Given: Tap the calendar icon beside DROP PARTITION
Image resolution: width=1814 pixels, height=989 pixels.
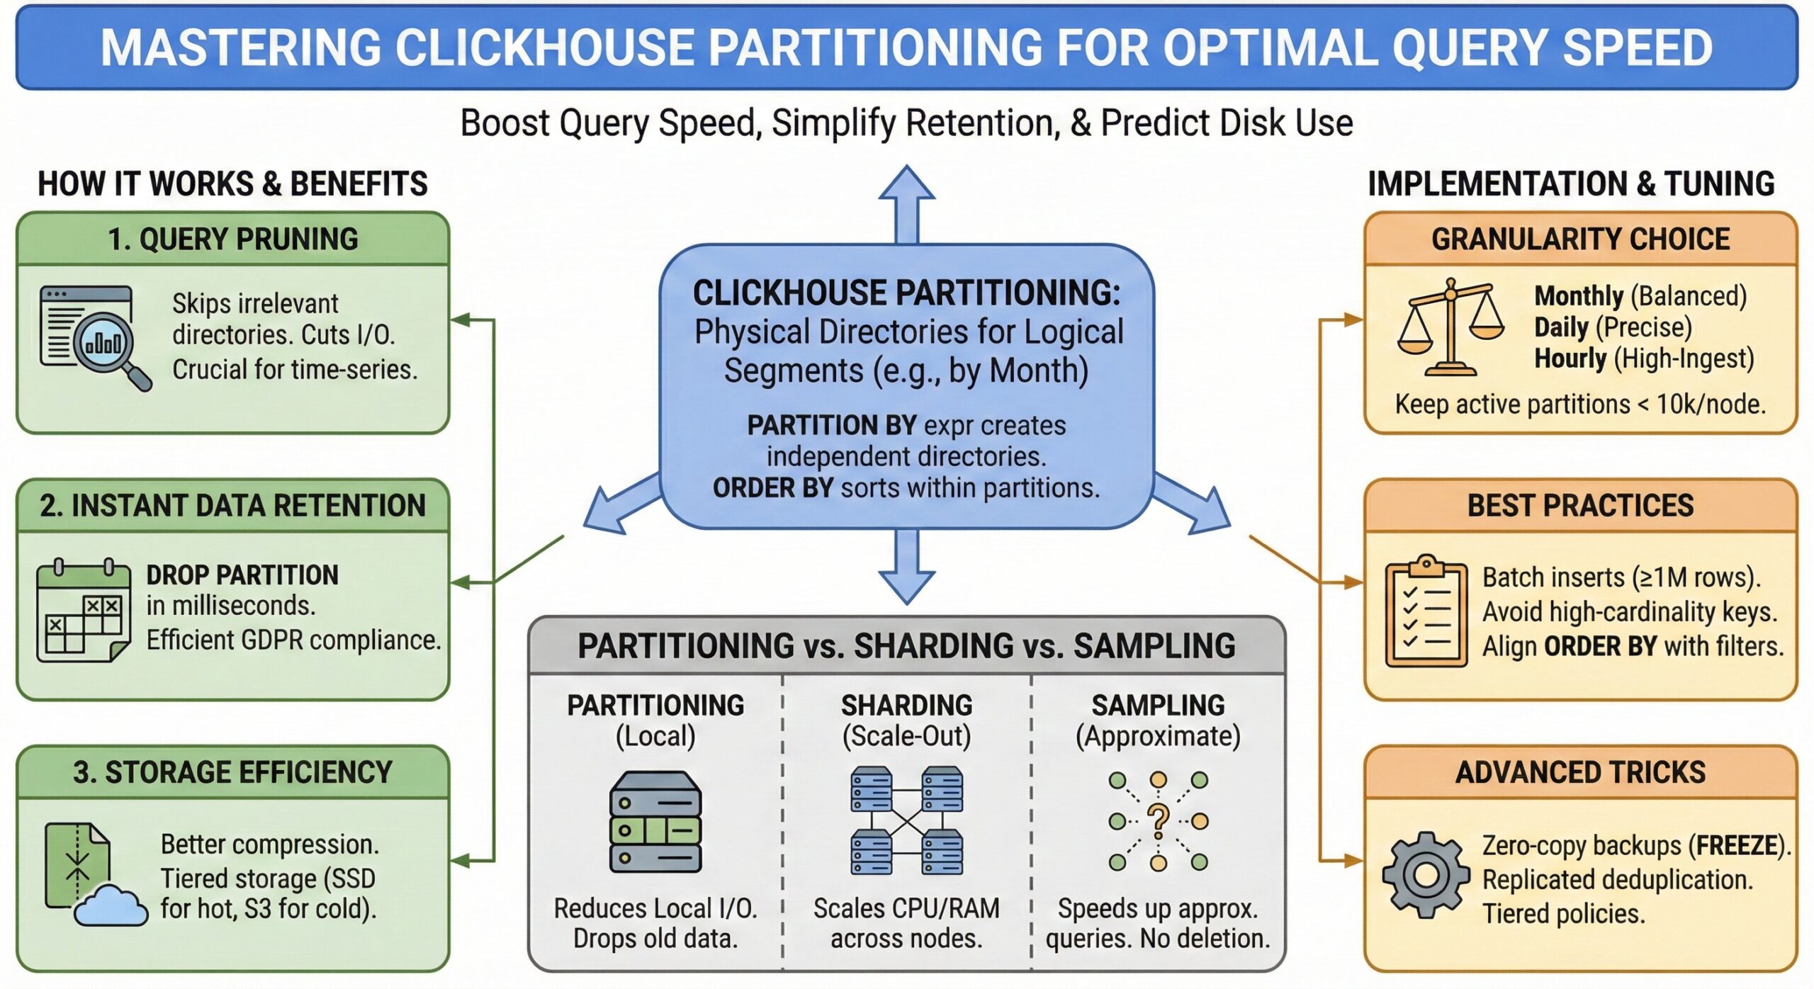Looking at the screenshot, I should point(84,611).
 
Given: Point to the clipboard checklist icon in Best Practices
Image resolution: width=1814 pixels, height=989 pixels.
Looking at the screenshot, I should point(1426,611).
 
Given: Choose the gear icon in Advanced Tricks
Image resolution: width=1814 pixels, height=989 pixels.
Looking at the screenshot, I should point(1425,875).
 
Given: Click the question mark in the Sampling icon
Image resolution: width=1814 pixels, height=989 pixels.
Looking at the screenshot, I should point(1158,821).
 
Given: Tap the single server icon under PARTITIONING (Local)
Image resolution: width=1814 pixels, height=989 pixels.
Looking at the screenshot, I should point(655,822).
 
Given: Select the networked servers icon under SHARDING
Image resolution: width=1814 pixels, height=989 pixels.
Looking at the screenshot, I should point(906,821).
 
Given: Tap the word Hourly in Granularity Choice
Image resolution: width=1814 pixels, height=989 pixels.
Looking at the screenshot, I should point(1570,359).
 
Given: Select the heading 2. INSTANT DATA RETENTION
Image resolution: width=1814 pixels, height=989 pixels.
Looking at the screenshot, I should point(232,506).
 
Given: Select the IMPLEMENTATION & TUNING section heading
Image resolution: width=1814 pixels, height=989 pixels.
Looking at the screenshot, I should point(1570,183).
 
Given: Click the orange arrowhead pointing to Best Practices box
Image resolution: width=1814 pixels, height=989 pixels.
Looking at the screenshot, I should point(1353,582).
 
